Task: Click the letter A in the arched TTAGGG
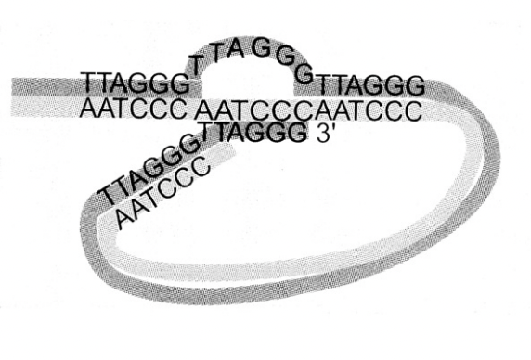(235, 49)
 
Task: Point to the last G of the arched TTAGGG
(303, 75)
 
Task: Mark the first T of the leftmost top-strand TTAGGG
(88, 84)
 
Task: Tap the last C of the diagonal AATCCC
(205, 164)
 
